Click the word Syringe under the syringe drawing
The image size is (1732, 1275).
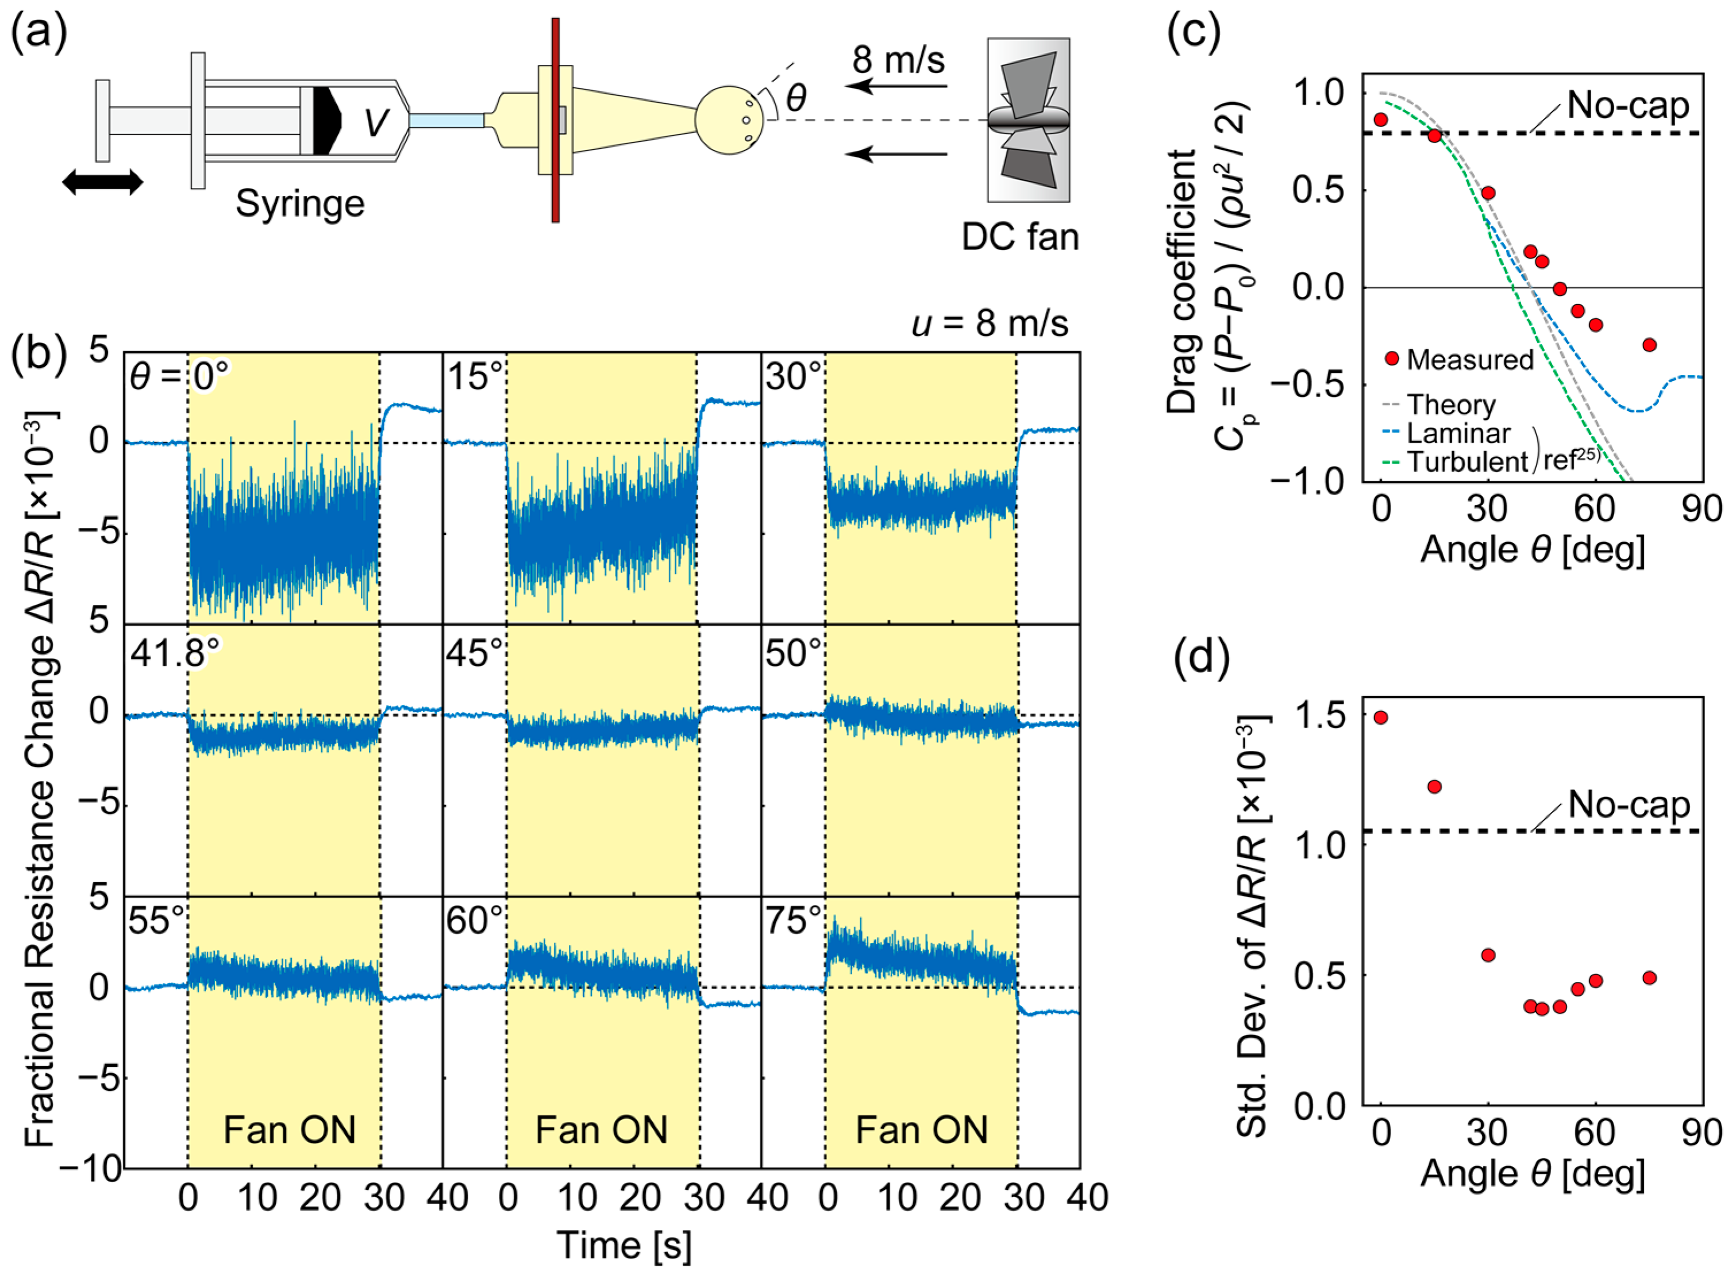tap(299, 204)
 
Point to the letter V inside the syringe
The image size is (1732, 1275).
tap(375, 121)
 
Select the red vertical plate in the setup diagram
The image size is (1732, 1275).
tap(555, 120)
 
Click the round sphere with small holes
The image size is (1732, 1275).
tap(729, 120)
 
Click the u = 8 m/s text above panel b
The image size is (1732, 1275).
tap(990, 322)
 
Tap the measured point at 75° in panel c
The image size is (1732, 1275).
tap(1649, 345)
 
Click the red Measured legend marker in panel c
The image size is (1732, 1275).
tap(1392, 358)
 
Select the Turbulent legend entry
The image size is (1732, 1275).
tap(1467, 461)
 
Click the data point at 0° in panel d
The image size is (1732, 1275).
tap(1381, 717)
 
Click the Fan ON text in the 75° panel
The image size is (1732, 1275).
tap(922, 1130)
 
